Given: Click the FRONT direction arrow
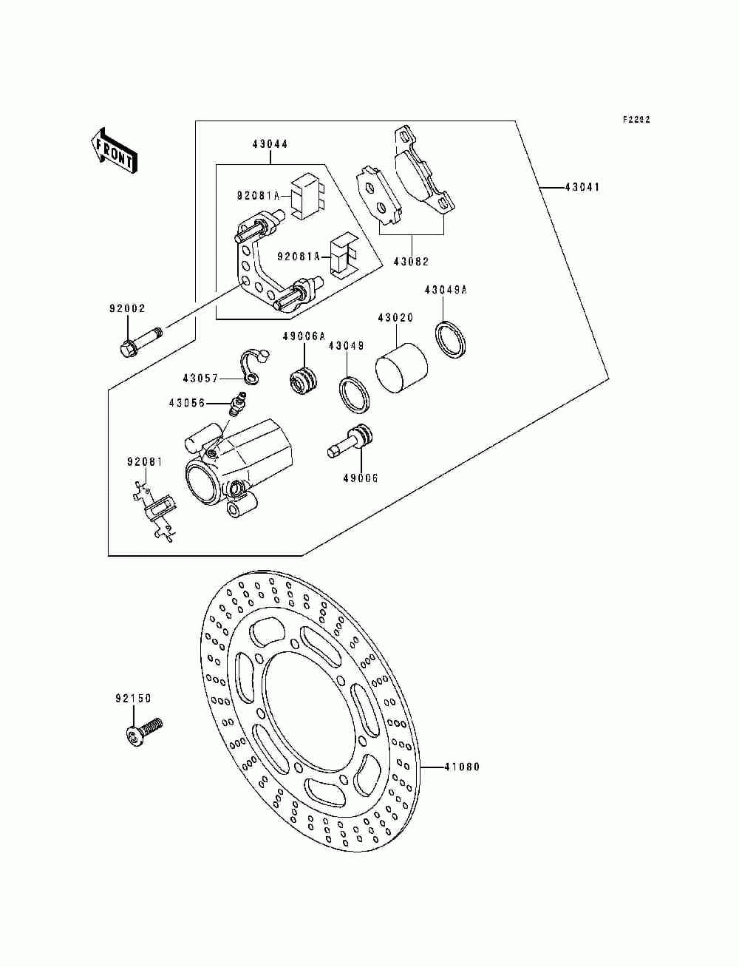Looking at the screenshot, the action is (x=114, y=151).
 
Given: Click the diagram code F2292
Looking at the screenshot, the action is (x=636, y=119).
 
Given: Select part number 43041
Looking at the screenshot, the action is (x=582, y=187).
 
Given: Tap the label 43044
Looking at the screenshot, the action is (x=270, y=144).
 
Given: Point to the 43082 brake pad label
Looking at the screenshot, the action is (x=412, y=262).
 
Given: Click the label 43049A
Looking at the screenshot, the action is (x=446, y=290).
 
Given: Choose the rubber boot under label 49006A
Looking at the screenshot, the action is (x=303, y=380).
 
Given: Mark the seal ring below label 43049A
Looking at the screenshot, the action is (x=451, y=340).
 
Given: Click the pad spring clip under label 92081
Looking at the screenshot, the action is (x=154, y=511).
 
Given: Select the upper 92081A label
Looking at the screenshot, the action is (x=259, y=196).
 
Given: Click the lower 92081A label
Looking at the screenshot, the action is (x=299, y=256).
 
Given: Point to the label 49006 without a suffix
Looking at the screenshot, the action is (x=361, y=478).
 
